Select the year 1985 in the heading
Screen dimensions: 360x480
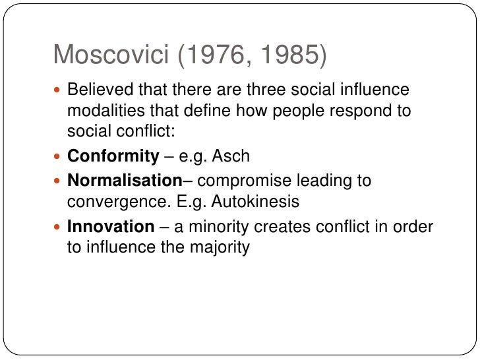[285, 56]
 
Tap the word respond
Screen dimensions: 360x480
[365, 110]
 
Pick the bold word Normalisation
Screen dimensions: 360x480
[125, 179]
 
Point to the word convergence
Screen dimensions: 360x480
[109, 200]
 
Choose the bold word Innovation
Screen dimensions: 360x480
[110, 227]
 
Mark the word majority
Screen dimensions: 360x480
[218, 249]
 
